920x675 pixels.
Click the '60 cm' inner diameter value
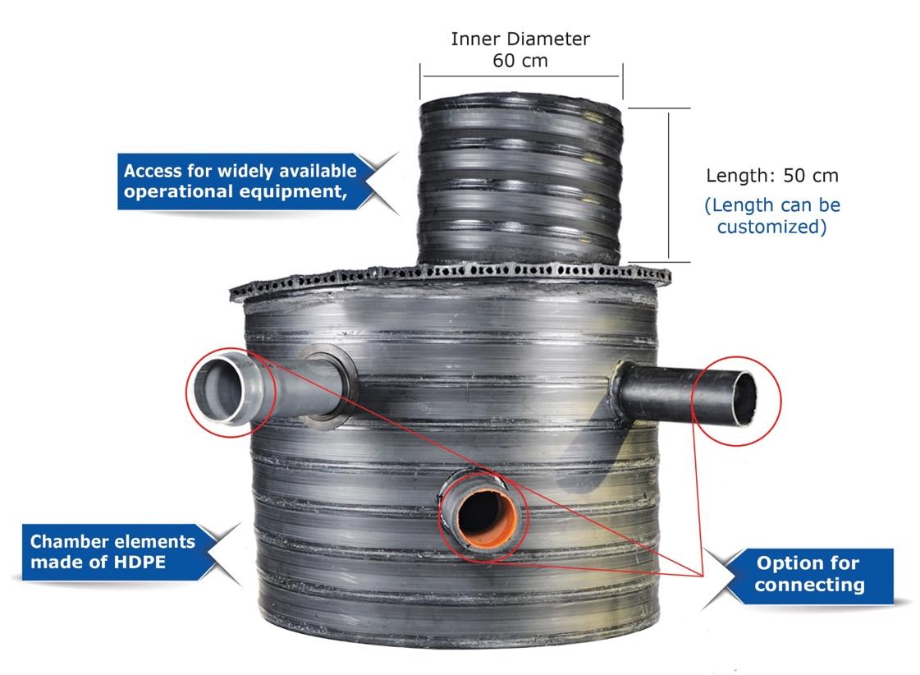[520, 61]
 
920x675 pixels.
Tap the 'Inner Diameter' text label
[520, 39]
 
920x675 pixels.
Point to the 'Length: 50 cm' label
[772, 176]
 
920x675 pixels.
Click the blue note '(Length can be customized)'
[772, 215]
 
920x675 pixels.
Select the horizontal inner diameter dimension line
[521, 76]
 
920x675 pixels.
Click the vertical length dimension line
[668, 185]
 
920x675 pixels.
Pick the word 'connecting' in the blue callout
[810, 585]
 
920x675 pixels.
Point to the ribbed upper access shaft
[520, 182]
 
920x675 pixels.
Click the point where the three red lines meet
[703, 576]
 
